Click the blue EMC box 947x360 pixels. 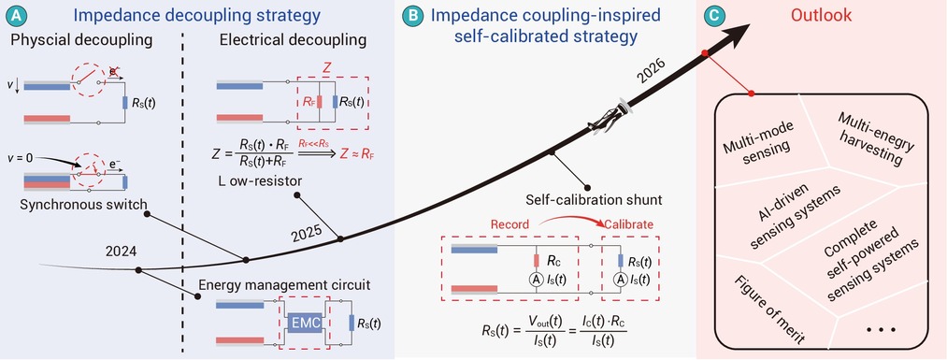point(303,324)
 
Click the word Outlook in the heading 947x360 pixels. point(824,15)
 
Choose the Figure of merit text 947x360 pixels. point(770,310)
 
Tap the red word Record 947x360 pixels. point(511,224)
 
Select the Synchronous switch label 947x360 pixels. point(83,204)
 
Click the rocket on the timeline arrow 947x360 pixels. point(610,117)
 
